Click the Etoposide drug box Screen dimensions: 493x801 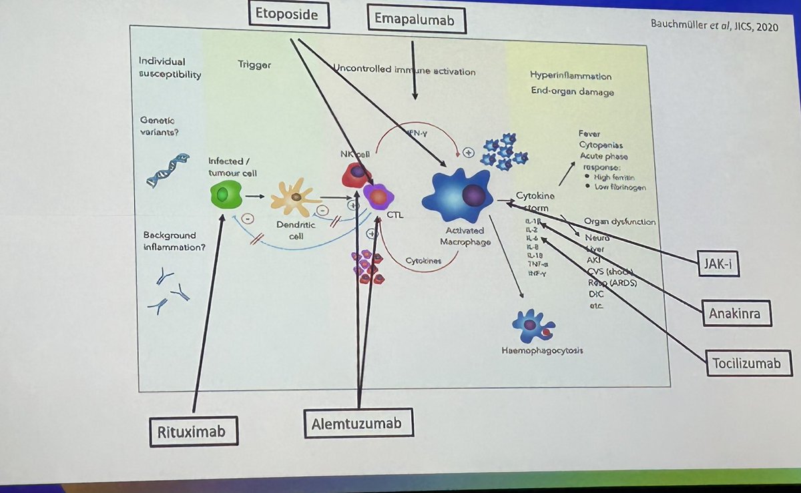point(291,14)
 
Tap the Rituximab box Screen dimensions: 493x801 point(192,432)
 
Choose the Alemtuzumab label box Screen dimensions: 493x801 point(358,424)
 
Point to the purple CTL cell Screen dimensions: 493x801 point(378,197)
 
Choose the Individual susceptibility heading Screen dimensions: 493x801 point(170,67)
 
